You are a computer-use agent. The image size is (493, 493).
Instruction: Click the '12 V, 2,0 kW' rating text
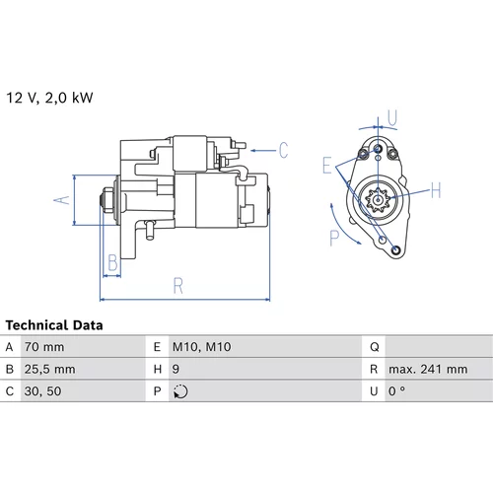pyautogui.click(x=49, y=98)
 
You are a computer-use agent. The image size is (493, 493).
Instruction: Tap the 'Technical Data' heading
pyautogui.click(x=54, y=325)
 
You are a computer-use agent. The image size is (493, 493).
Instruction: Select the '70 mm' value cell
pyautogui.click(x=44, y=347)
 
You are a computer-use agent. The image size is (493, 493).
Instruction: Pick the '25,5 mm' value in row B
pyautogui.click(x=50, y=370)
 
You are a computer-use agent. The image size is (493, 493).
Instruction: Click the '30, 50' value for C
pyautogui.click(x=43, y=391)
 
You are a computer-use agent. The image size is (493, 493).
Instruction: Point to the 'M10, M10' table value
pyautogui.click(x=201, y=347)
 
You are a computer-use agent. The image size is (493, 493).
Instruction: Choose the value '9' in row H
pyautogui.click(x=176, y=370)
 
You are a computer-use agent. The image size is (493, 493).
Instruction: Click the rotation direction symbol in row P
pyautogui.click(x=180, y=391)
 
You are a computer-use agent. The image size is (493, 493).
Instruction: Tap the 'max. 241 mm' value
pyautogui.click(x=428, y=370)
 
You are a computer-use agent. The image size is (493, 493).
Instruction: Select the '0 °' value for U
pyautogui.click(x=396, y=391)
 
